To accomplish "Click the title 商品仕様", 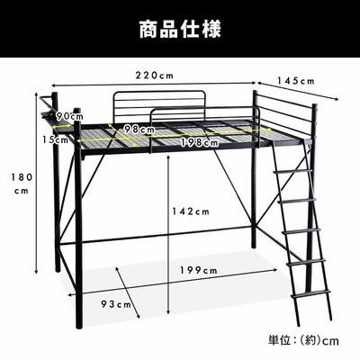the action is [180, 29].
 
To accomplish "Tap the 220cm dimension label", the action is [155, 76].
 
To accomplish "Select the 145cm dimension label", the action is [295, 81].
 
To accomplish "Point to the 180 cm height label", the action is [22, 184].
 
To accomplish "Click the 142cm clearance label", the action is [191, 211].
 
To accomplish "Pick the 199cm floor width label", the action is [199, 270].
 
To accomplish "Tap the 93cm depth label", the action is [116, 304].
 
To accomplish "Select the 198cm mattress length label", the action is [199, 143].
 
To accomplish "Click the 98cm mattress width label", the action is [139, 130].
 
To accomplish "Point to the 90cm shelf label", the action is [69, 116].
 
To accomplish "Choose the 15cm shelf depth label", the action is [55, 139].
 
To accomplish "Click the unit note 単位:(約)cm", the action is [303, 341].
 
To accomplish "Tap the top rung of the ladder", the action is [292, 171].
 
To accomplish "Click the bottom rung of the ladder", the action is [310, 293].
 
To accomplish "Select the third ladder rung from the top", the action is [301, 231].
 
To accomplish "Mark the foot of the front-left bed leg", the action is [79, 325].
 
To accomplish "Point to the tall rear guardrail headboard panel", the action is [159, 105].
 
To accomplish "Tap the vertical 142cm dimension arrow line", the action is [168, 237].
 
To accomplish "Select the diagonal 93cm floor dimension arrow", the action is [128, 292].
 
